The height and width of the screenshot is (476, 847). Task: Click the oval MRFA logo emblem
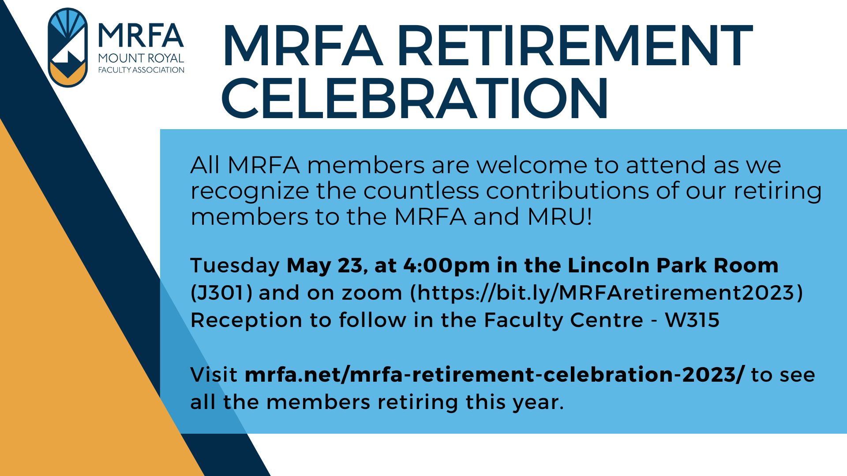point(67,48)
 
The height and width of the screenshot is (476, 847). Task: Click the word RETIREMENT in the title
point(575,46)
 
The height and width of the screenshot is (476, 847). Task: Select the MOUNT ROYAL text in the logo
point(141,58)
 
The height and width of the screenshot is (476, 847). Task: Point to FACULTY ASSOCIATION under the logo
point(141,70)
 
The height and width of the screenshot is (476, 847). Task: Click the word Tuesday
point(235,266)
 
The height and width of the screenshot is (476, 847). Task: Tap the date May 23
point(325,266)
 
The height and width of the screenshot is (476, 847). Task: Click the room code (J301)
point(221,293)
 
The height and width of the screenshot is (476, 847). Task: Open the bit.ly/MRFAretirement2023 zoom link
point(607,293)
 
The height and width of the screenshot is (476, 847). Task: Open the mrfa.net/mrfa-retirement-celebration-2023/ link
point(494,375)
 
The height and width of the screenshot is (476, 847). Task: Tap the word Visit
point(214,375)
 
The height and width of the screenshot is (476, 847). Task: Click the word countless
point(421,191)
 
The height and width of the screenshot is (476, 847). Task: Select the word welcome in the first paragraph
point(532,165)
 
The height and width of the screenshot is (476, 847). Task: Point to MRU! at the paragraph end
point(560,217)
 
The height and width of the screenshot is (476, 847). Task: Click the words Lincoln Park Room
point(673,266)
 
